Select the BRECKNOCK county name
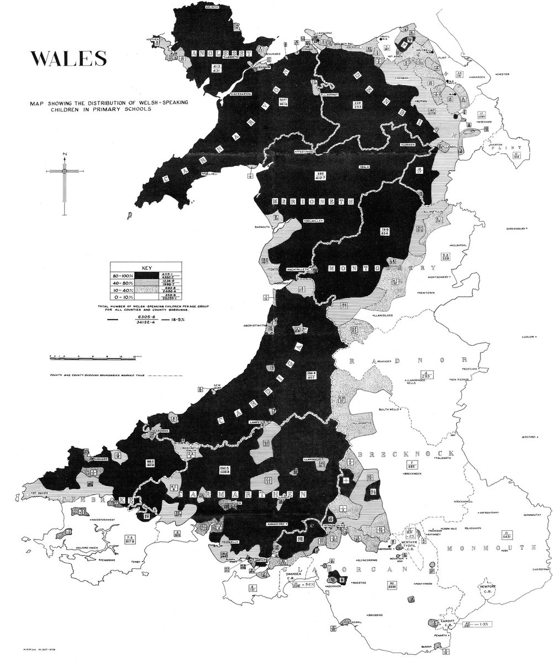coord(391,453)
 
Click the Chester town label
coord(504,73)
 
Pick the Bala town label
coord(364,165)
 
